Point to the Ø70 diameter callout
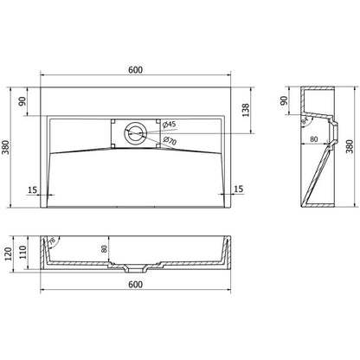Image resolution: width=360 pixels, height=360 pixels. point(171,142)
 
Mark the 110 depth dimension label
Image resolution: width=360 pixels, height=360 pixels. point(25,253)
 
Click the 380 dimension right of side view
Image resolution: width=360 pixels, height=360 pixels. point(349,147)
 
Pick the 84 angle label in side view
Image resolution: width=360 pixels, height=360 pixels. point(305,121)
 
